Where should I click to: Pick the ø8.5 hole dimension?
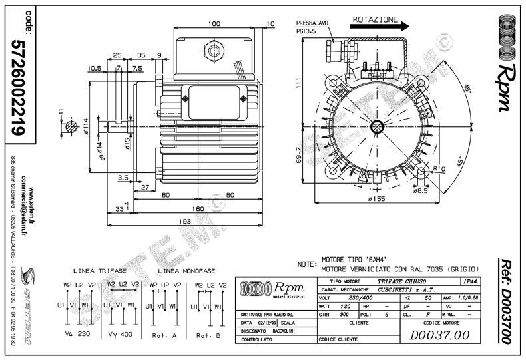[420, 190]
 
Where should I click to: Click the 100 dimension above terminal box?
[213, 24]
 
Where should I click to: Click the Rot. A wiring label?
[164, 335]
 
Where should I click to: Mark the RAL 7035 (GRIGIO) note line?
[399, 268]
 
